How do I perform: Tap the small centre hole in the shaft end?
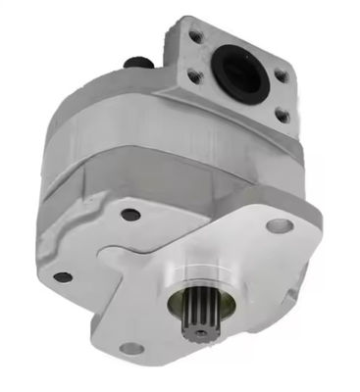(200, 331)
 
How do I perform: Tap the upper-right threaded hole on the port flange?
(282, 73)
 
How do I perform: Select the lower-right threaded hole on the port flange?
(282, 116)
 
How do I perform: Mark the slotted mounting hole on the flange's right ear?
(280, 227)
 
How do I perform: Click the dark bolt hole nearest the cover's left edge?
(62, 277)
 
